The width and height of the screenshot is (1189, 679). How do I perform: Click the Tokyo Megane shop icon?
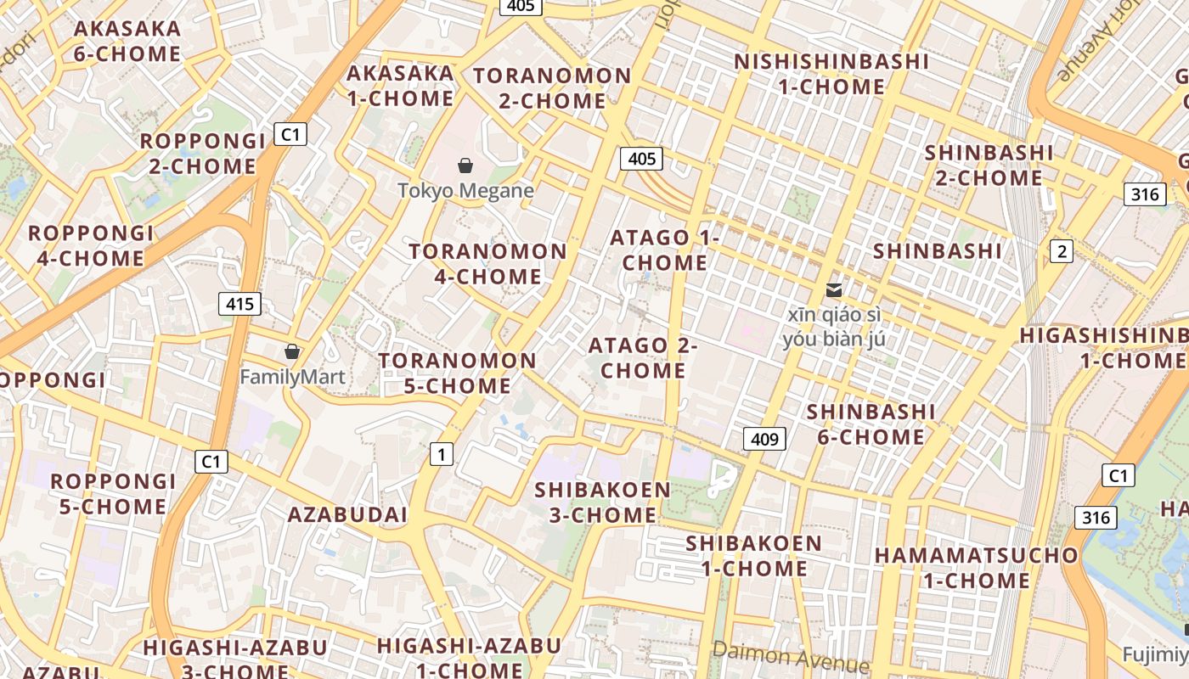[x=465, y=166]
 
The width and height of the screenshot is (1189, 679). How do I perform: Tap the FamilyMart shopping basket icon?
[x=292, y=351]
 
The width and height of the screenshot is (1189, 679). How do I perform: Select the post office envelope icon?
[x=833, y=290]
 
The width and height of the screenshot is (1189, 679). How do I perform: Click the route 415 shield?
[x=239, y=304]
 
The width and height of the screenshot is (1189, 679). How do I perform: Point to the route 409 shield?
[x=764, y=439]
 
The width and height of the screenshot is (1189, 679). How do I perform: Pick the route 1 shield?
[x=440, y=454]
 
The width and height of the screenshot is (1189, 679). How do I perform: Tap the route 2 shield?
[x=1061, y=251]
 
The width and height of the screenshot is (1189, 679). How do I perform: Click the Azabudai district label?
[x=347, y=514]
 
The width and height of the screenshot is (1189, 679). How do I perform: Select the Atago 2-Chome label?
[x=643, y=358]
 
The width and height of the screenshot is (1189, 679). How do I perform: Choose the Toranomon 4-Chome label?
[x=487, y=264]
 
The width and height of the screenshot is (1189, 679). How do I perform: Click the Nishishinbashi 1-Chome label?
[x=831, y=74]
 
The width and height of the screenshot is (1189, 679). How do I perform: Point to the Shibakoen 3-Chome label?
[x=602, y=502]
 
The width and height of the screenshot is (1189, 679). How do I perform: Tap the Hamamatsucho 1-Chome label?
[x=977, y=568]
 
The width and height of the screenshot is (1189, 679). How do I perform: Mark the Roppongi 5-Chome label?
[x=113, y=494]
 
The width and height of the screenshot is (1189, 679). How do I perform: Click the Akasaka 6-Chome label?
[x=127, y=41]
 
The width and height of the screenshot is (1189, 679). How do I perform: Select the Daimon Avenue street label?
[x=791, y=656]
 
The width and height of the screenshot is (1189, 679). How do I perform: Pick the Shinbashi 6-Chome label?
[x=871, y=424]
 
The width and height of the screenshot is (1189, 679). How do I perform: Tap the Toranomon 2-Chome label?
[x=552, y=88]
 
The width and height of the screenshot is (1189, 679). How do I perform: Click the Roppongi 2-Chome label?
[x=203, y=154]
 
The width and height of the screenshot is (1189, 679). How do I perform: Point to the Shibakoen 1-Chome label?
[x=754, y=555]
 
